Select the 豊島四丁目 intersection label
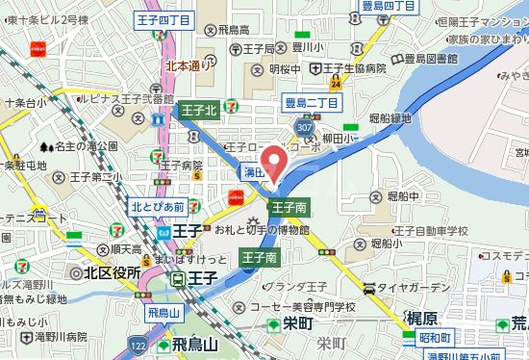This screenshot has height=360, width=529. click(389, 6)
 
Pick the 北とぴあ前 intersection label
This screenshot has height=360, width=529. click(158, 204)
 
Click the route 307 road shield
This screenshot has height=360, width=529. click(305, 128)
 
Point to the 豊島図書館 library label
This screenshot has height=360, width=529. click(426, 58)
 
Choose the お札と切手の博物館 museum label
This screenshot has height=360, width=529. click(262, 230)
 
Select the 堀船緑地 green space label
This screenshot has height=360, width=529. click(384, 118)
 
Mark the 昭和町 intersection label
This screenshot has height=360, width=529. click(439, 338)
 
